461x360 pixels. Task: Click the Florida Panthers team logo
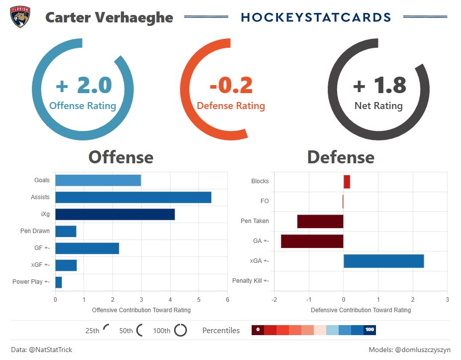pos(20,17)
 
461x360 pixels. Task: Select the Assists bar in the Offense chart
pos(133,197)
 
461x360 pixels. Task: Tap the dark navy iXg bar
pos(115,214)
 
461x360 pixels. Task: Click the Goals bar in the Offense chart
pos(98,180)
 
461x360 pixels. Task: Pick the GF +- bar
pos(87,248)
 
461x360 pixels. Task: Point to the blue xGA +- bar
pos(383,261)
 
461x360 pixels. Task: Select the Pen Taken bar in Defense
pos(320,221)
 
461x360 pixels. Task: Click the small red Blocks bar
pos(347,182)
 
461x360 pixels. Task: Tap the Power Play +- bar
pos(59,282)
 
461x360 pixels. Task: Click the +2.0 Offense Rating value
pos(84,86)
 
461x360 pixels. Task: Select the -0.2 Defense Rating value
pos(231,86)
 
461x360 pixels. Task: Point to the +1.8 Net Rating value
pos(379,86)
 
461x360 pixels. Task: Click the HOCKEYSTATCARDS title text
pos(316,17)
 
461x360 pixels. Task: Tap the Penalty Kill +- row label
pos(250,281)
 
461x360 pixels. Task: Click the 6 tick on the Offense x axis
pos(227,299)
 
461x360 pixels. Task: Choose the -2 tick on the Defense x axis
pos(274,299)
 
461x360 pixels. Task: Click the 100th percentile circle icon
pos(181,330)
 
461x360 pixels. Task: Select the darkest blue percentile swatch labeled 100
pos(369,330)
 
